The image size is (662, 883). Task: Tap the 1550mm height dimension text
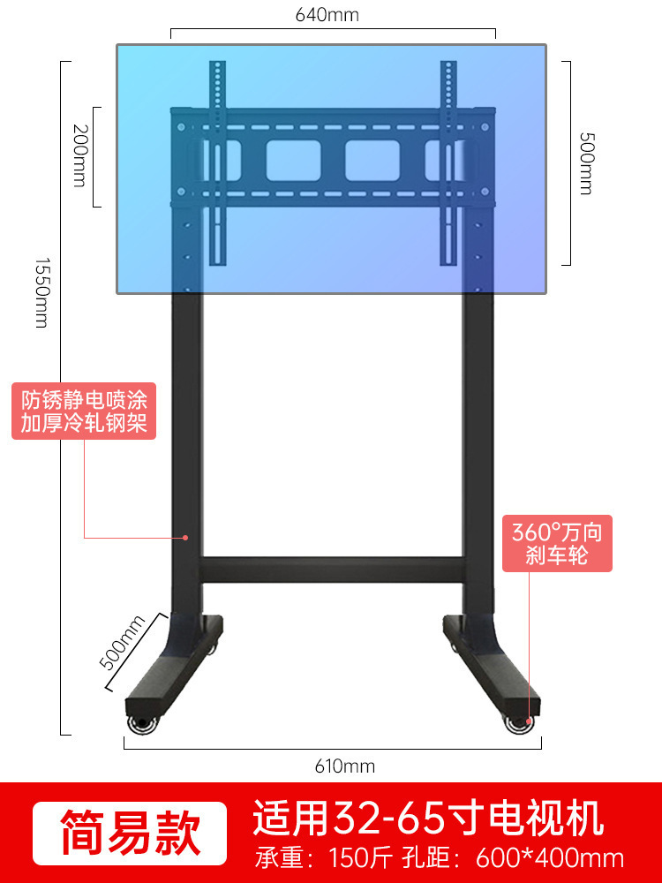click(x=41, y=292)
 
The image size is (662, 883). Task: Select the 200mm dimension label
click(x=80, y=155)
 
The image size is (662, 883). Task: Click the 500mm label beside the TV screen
click(x=585, y=162)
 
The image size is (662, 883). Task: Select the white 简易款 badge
click(x=131, y=831)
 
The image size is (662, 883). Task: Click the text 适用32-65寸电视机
click(x=428, y=819)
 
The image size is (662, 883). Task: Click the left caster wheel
click(x=141, y=725)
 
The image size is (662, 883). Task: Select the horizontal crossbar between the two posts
click(x=332, y=570)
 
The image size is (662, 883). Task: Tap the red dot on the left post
click(x=186, y=536)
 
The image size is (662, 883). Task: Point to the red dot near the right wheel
click(x=530, y=721)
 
